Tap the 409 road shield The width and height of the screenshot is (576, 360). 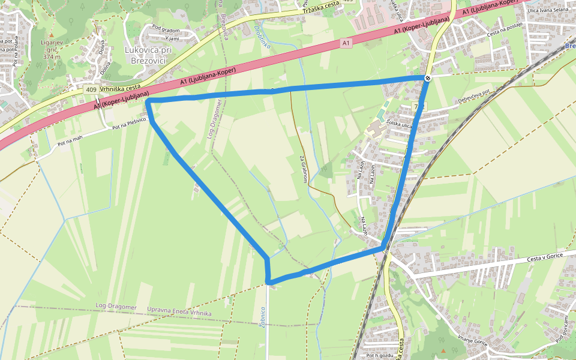click(x=91, y=89)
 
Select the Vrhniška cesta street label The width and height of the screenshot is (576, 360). click(x=121, y=88)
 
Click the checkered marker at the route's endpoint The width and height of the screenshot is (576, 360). click(x=428, y=78)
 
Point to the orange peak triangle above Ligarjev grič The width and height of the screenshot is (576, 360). click(x=51, y=35)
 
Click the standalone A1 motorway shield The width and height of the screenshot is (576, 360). click(x=346, y=43)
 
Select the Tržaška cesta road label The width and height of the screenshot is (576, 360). click(x=321, y=7)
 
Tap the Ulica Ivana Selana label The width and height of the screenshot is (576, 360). click(x=547, y=10)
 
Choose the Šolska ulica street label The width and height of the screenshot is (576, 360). click(x=400, y=125)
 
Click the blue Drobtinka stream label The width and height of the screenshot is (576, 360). click(x=262, y=37)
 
